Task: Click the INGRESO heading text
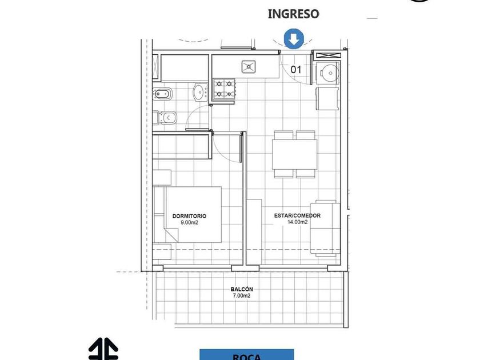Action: pyautogui.click(x=293, y=14)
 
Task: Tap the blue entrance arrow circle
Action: pyautogui.click(x=294, y=39)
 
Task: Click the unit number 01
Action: pyautogui.click(x=296, y=70)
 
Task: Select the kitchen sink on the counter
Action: pyautogui.click(x=249, y=67)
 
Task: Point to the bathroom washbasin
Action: pyautogui.click(x=200, y=92)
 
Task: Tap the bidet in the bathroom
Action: pyautogui.click(x=162, y=94)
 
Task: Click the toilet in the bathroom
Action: pyautogui.click(x=165, y=118)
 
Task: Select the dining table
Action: pyautogui.click(x=294, y=154)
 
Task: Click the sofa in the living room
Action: pyautogui.click(x=325, y=228)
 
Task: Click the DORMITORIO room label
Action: pyautogui.click(x=189, y=216)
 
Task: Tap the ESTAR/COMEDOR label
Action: pyautogui.click(x=297, y=215)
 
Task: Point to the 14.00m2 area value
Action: pyautogui.click(x=297, y=222)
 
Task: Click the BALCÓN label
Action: pyautogui.click(x=242, y=289)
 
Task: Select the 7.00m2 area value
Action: pyautogui.click(x=242, y=295)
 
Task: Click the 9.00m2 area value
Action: pyautogui.click(x=189, y=222)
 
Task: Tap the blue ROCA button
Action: pyautogui.click(x=247, y=354)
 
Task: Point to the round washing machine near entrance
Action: pyautogui.click(x=327, y=73)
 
